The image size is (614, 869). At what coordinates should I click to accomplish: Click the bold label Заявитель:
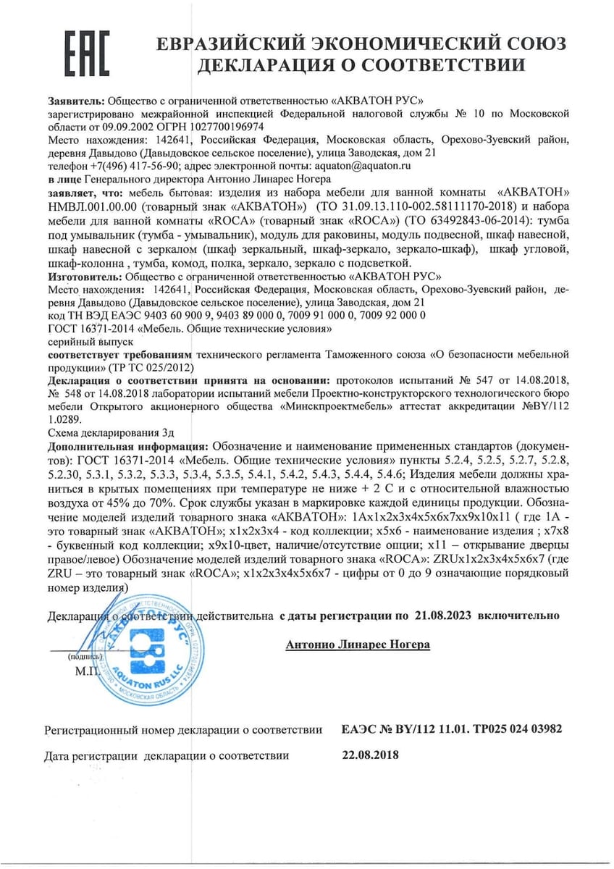77,100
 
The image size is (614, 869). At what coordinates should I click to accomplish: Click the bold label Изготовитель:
86,276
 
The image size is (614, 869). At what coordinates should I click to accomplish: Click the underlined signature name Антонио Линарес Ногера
358,644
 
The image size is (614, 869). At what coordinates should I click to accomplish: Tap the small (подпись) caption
85,657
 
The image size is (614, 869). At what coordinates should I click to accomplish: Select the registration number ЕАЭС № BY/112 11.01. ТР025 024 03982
451,729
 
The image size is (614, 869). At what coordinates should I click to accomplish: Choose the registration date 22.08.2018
369,755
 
